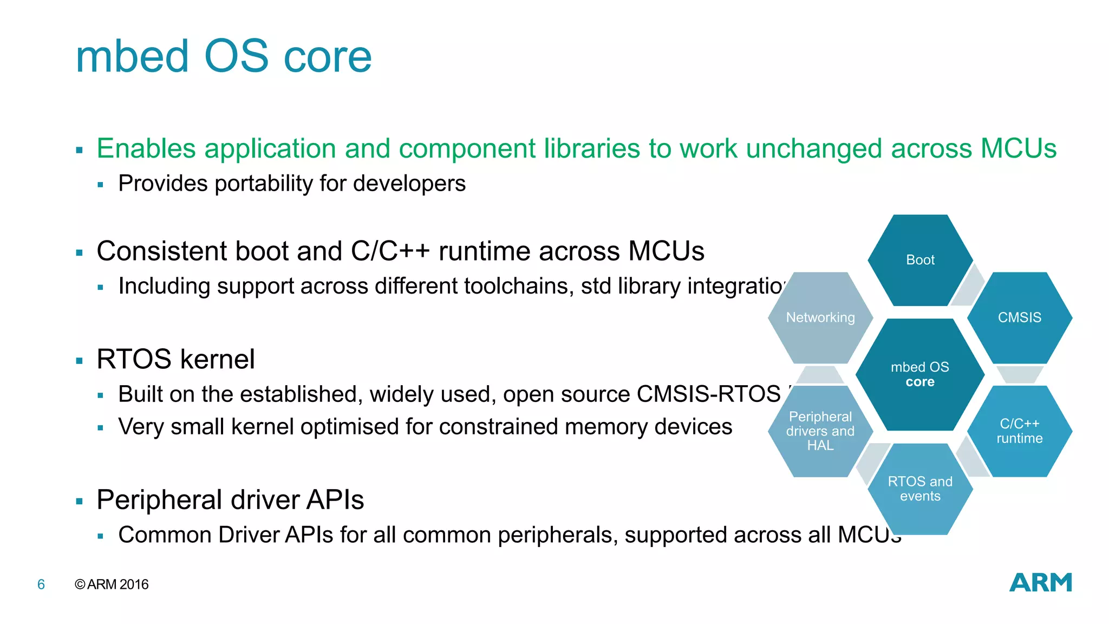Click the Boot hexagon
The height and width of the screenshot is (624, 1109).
tap(920, 260)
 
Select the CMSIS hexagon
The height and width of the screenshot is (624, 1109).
tap(1019, 317)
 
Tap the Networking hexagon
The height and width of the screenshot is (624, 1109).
tap(820, 317)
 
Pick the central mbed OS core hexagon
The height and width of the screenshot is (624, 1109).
tap(920, 374)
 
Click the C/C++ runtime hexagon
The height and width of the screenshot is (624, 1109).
tap(1019, 431)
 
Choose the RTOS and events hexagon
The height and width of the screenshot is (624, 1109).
tap(920, 489)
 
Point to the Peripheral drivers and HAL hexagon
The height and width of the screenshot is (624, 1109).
tap(820, 431)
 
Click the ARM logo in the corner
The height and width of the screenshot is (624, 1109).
tap(1040, 583)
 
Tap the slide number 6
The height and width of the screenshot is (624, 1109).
tap(41, 584)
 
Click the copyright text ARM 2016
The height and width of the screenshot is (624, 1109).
tap(112, 584)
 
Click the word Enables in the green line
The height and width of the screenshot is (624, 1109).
tap(146, 148)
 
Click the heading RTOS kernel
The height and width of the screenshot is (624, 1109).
tap(175, 359)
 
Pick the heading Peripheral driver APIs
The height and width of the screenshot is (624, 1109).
tap(230, 499)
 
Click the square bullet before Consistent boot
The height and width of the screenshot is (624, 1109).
tap(80, 253)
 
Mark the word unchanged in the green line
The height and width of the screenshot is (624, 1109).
tap(814, 148)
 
